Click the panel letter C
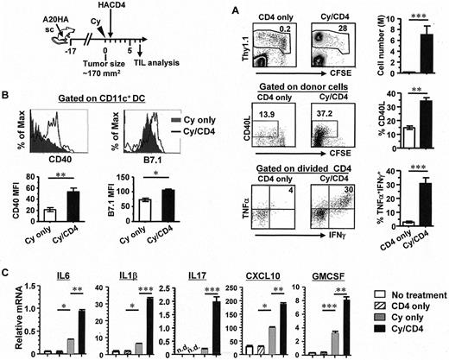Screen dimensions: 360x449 click(x=7, y=252)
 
